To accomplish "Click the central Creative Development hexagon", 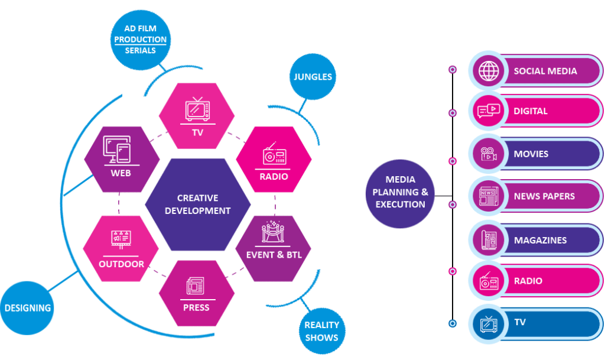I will [x=197, y=205].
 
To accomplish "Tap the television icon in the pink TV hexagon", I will [x=197, y=110].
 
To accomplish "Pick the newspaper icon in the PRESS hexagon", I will [x=196, y=286].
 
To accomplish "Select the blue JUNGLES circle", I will [x=313, y=77].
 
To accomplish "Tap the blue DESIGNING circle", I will [x=28, y=307].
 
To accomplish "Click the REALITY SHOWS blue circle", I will [x=322, y=332].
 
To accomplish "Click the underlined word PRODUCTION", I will [x=140, y=40].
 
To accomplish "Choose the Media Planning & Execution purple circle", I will [x=401, y=192].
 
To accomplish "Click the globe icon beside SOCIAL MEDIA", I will [x=489, y=72].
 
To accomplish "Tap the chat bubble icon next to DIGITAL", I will [x=489, y=111].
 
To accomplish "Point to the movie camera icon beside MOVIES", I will [x=489, y=154].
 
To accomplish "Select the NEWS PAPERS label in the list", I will [x=544, y=196].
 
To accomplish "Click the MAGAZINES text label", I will [x=540, y=240].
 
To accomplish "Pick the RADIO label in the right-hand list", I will [x=528, y=281].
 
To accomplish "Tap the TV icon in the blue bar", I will [x=489, y=323].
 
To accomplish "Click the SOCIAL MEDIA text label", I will [x=545, y=71].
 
